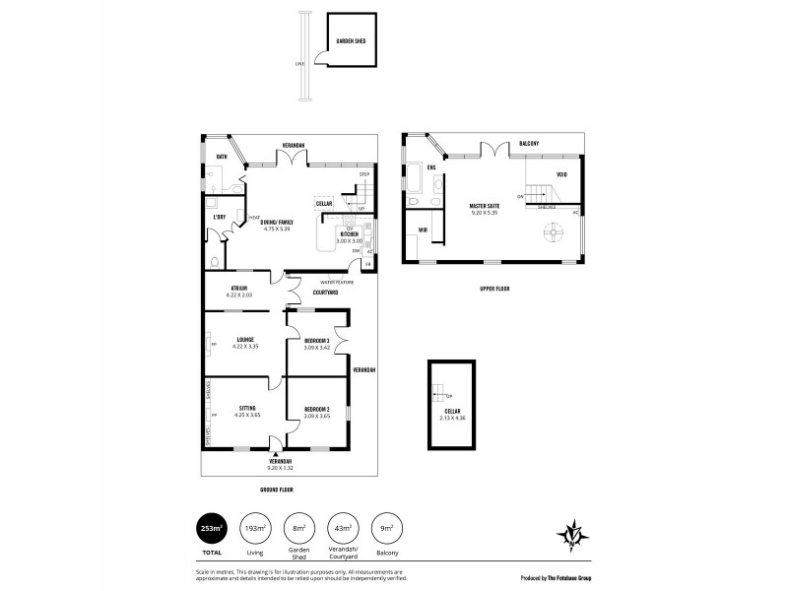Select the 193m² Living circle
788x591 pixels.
point(255,527)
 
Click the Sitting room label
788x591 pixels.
point(247,408)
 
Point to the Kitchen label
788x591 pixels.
point(350,234)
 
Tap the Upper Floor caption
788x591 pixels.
point(493,289)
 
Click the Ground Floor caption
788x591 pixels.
point(279,490)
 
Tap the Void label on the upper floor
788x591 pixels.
point(561,175)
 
